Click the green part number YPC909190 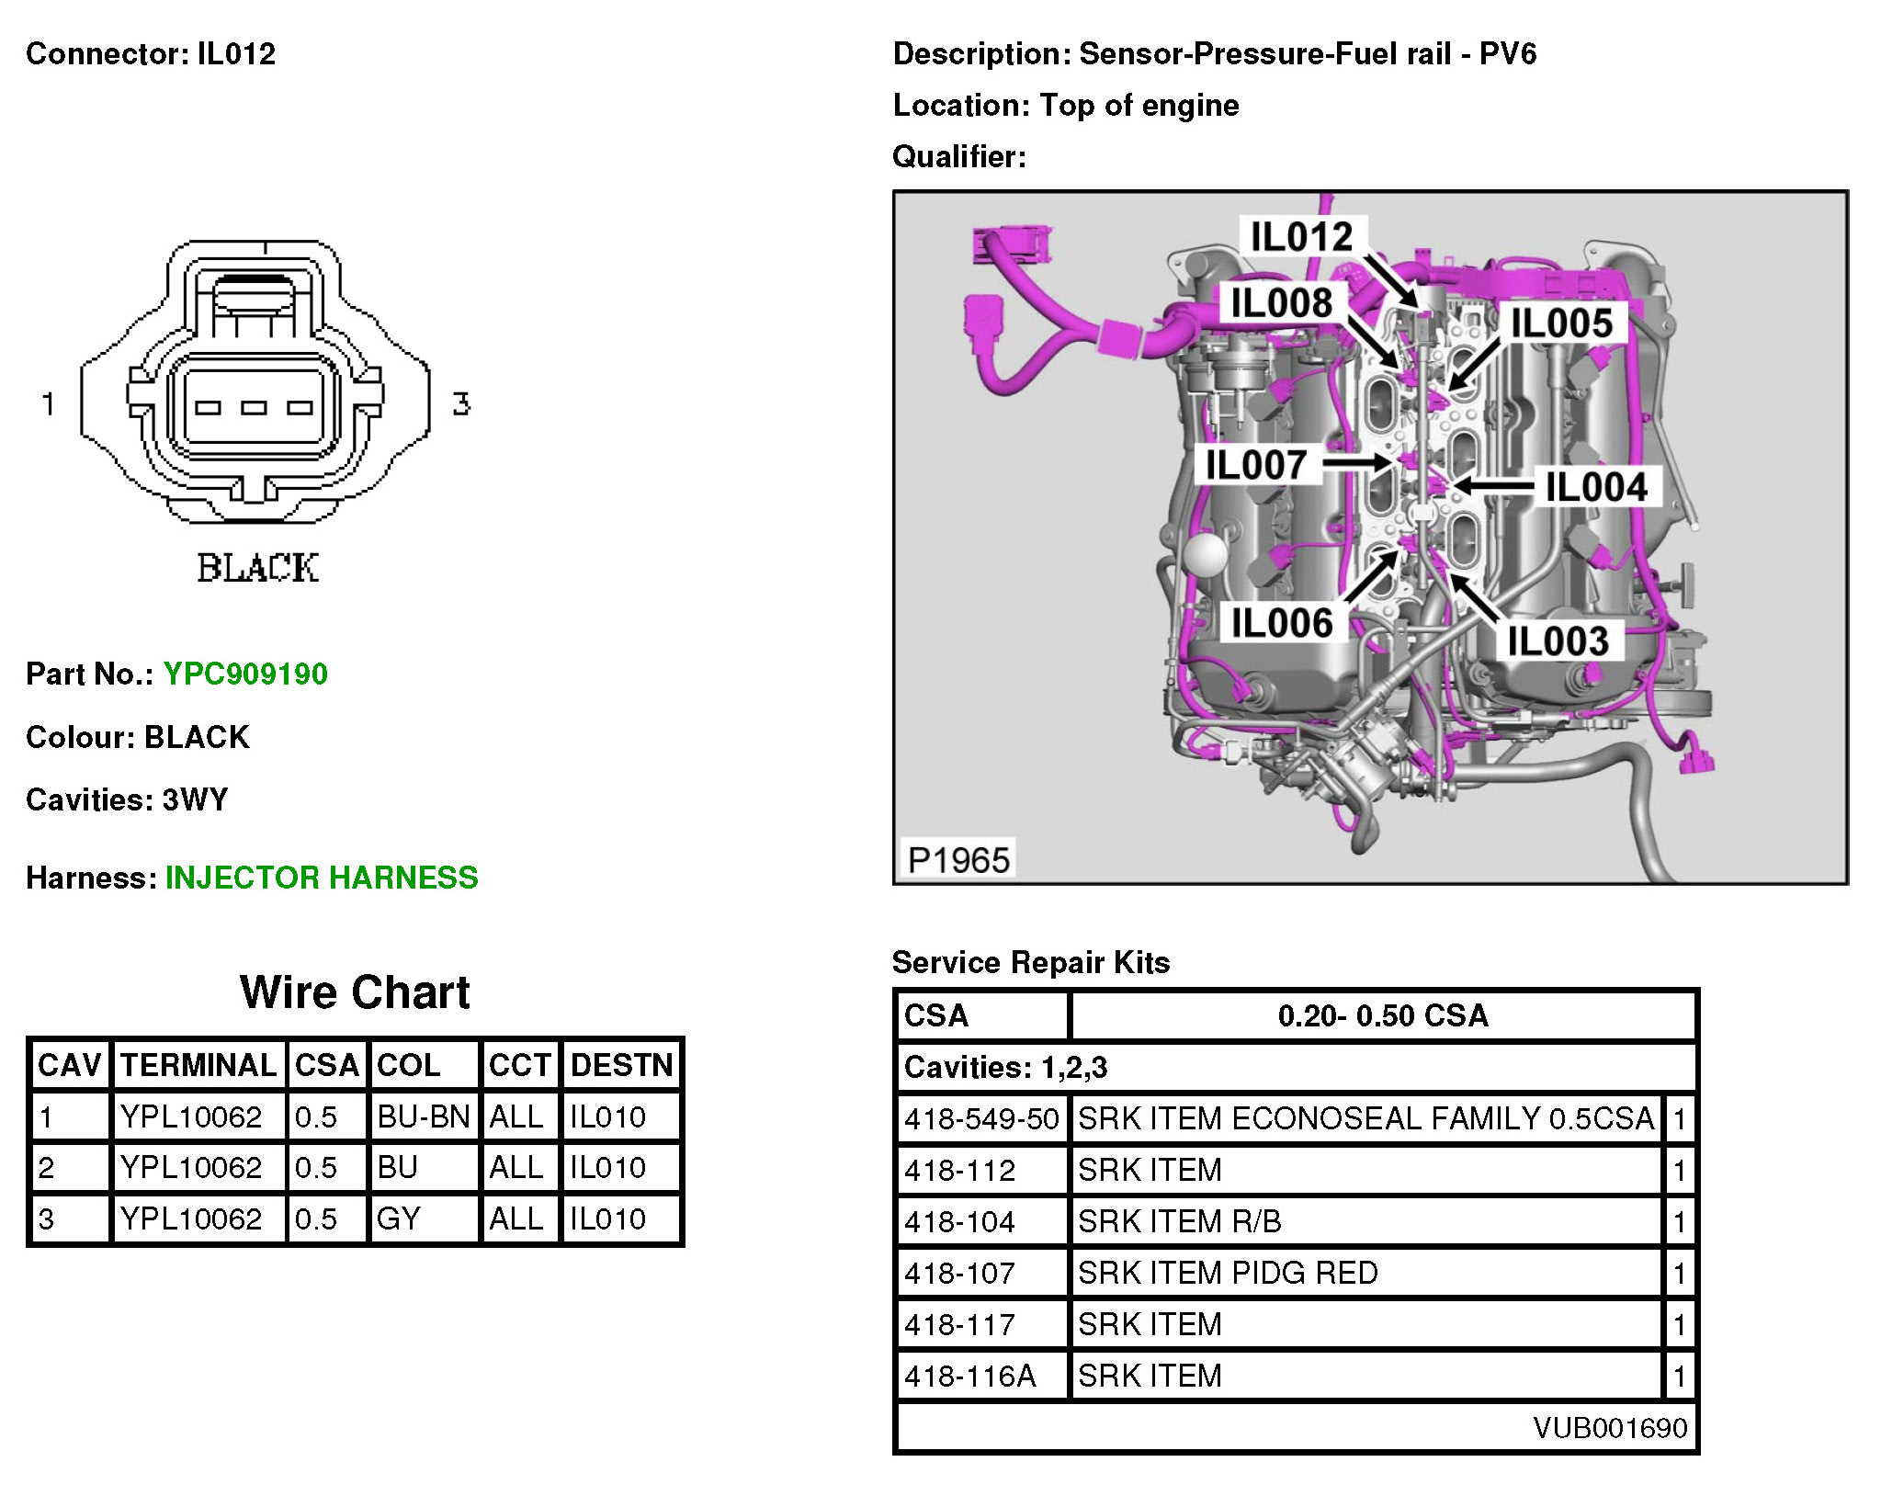pyautogui.click(x=245, y=674)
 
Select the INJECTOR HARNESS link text pyautogui.click(x=322, y=878)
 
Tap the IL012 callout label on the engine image pyautogui.click(x=1302, y=237)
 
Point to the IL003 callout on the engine pyautogui.click(x=1558, y=640)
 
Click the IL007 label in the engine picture pyautogui.click(x=1256, y=465)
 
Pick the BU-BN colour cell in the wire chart pyautogui.click(x=424, y=1116)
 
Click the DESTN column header pyautogui.click(x=622, y=1065)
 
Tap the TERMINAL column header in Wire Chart pyautogui.click(x=198, y=1065)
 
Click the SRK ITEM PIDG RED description pyautogui.click(x=1228, y=1273)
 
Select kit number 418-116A pyautogui.click(x=970, y=1376)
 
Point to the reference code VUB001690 pyautogui.click(x=1610, y=1427)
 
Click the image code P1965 pyautogui.click(x=958, y=861)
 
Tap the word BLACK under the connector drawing pyautogui.click(x=258, y=568)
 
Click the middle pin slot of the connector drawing pyautogui.click(x=255, y=408)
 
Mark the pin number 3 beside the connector pyautogui.click(x=461, y=403)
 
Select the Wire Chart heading pyautogui.click(x=355, y=992)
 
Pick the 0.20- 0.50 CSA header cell pyautogui.click(x=1383, y=1015)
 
